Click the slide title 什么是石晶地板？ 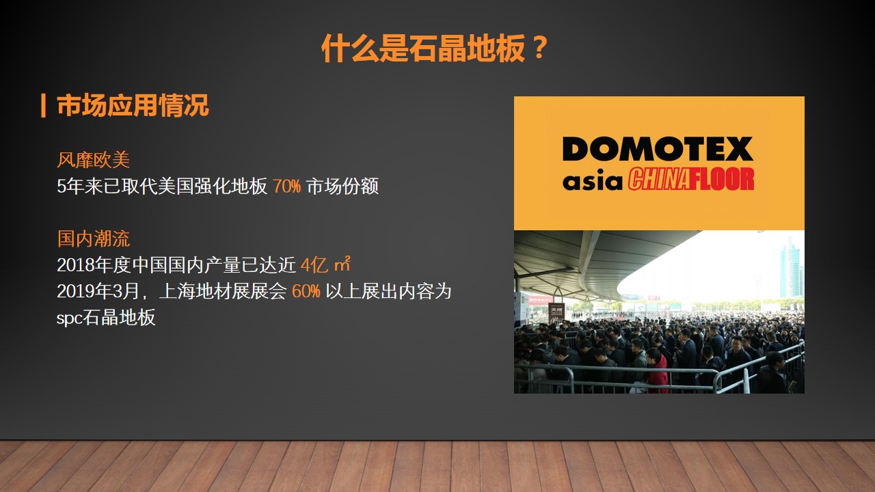pos(434,49)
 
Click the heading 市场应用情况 pos(133,105)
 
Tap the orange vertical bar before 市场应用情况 pos(43,105)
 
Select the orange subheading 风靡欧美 pos(94,160)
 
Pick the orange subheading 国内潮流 pos(94,238)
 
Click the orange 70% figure pos(286,187)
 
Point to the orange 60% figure pos(306,291)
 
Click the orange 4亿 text pos(314,265)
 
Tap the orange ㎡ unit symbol pos(342,264)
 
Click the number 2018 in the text pos(75,265)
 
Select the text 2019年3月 pos(98,291)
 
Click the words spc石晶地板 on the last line pos(106,318)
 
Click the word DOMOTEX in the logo pos(658,149)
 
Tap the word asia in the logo pos(592,180)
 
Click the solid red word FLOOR pos(721,179)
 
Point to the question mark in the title pos(539,48)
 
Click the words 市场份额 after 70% pos(342,187)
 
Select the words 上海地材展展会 pos(223,291)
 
